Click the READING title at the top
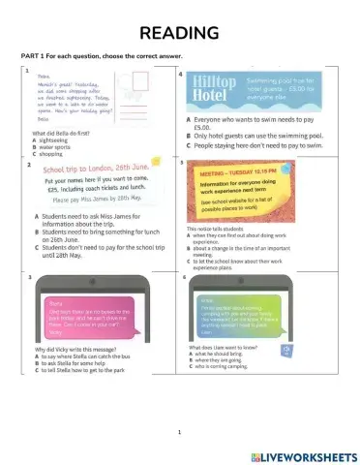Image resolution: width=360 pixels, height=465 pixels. point(179,34)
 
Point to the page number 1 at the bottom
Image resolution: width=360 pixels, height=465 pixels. point(180,431)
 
